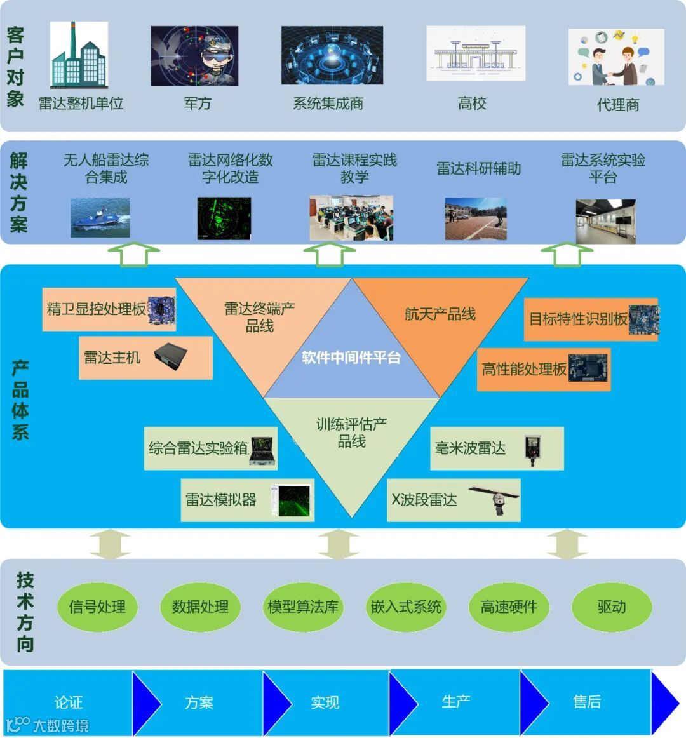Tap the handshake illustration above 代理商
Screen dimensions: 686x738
pos(615,57)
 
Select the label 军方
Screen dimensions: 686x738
pos(198,104)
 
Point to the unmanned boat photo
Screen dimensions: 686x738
pos(100,217)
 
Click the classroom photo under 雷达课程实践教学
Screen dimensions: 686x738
pos(351,218)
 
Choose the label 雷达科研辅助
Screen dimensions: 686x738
pos(478,168)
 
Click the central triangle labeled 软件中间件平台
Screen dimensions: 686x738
pos(351,358)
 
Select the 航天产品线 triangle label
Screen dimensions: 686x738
pos(440,314)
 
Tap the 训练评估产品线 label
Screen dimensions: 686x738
pos(351,432)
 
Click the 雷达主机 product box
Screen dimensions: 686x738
pos(145,358)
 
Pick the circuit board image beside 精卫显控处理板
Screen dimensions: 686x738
pos(161,309)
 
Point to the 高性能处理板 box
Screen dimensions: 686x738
pos(543,369)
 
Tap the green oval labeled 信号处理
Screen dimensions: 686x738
pos(97,607)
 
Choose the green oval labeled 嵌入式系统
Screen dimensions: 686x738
pos(406,607)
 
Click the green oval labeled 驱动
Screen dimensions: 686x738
pos(612,607)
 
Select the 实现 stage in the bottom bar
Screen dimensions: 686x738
pos(325,702)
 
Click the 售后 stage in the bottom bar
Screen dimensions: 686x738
pos(586,701)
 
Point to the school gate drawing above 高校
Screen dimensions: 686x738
pos(475,54)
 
